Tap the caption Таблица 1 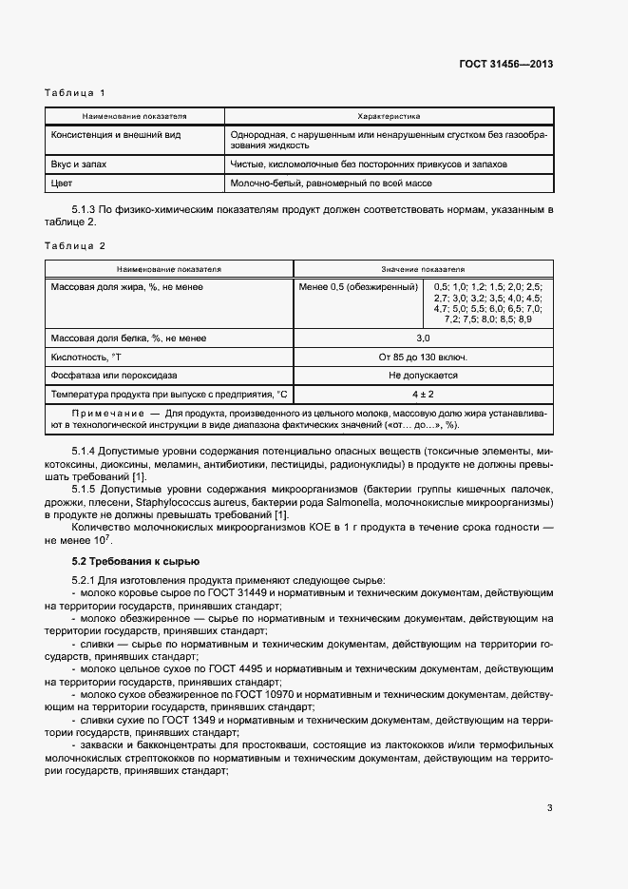(74, 92)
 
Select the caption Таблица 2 (74, 246)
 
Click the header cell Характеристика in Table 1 (388, 116)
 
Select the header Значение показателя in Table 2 (423, 270)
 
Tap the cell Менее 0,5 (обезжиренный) (358, 286)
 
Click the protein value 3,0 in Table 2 (423, 338)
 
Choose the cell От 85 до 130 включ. (423, 358)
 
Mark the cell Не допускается (423, 376)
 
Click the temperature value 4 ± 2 (423, 394)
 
